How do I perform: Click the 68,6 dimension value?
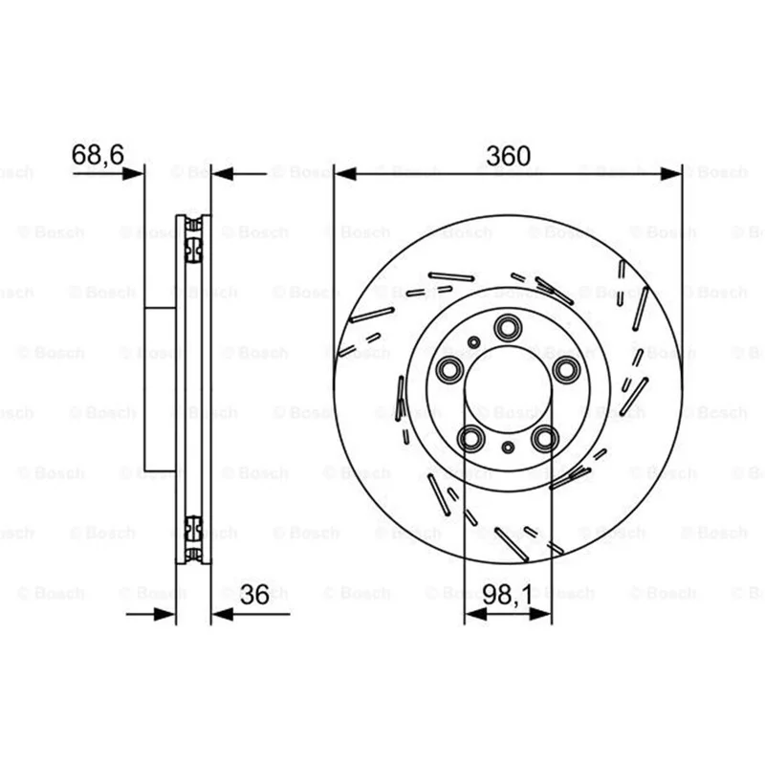[x=98, y=155]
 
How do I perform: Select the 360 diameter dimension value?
[x=508, y=156]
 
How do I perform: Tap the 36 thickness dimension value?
[x=254, y=595]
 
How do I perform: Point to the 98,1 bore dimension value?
[x=508, y=595]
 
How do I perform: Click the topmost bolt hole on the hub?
[x=507, y=327]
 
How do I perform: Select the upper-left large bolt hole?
[x=449, y=369]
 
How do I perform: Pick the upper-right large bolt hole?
[x=566, y=369]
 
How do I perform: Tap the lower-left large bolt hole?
[x=471, y=438]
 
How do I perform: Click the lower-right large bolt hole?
[x=544, y=438]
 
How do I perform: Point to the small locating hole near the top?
[x=473, y=342]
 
